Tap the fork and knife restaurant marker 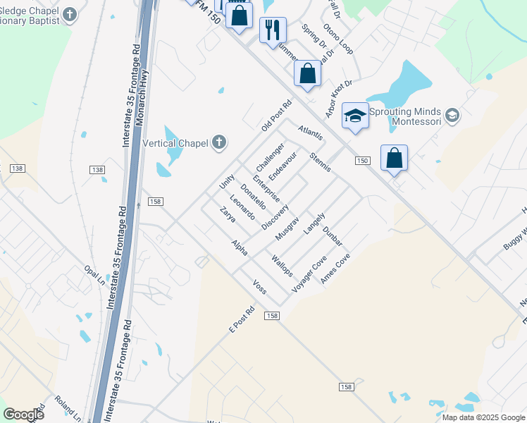tap(273, 30)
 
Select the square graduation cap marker tap(356, 116)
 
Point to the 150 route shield tap(362, 161)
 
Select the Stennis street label tap(321, 164)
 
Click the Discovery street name tap(275, 216)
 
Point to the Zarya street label tap(227, 214)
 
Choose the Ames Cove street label tap(335, 269)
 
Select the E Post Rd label tap(241, 320)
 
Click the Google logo tap(23, 415)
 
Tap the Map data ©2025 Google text tap(483, 417)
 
